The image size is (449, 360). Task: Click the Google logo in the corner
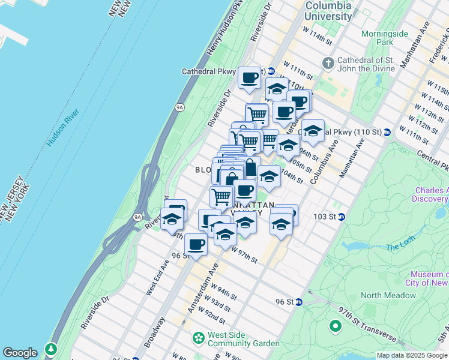tap(20, 353)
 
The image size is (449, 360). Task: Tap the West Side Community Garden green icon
tap(198, 339)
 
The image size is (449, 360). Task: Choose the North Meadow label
tap(388, 295)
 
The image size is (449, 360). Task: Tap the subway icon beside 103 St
tap(341, 217)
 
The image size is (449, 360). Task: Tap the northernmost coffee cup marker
tap(249, 77)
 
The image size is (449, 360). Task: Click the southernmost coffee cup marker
tap(196, 244)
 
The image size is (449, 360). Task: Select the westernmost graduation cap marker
tap(172, 218)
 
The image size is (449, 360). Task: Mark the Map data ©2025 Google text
tap(412, 355)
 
